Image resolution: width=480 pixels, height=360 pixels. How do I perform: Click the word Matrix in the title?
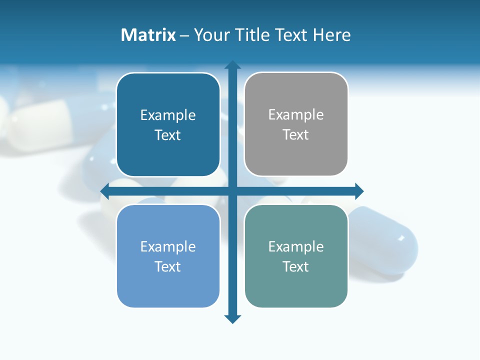tap(148, 35)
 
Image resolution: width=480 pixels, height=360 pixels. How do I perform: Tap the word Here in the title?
tap(331, 35)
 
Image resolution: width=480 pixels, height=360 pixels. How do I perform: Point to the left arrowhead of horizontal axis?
tap(105, 191)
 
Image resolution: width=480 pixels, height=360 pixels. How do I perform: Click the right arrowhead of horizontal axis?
tap(359, 191)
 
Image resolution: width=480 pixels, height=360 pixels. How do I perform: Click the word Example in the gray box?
tap(296, 115)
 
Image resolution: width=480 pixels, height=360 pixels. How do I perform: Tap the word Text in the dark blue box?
tap(168, 135)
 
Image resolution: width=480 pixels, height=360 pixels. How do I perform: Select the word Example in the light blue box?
tap(168, 246)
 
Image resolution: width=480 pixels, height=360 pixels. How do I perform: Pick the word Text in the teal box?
tap(296, 266)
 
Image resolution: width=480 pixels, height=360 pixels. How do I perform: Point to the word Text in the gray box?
tap(296, 135)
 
